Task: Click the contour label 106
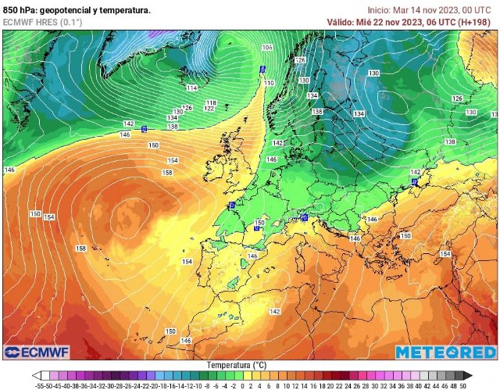click(267, 48)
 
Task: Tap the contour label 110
click(269, 83)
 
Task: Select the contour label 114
click(192, 88)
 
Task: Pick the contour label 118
click(210, 102)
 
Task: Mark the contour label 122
click(209, 109)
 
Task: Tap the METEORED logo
click(445, 352)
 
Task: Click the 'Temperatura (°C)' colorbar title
click(237, 365)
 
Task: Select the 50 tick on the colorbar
click(463, 385)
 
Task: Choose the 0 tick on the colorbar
click(242, 385)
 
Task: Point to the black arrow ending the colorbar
click(467, 376)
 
